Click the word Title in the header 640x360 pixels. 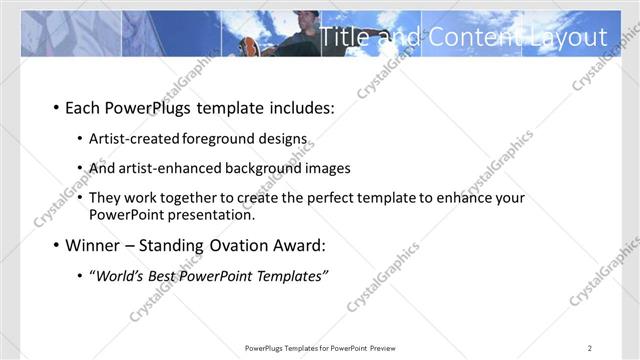tap(344, 37)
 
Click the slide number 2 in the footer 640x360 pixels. tap(591, 347)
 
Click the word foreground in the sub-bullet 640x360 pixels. tap(233, 139)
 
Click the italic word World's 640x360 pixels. tap(119, 276)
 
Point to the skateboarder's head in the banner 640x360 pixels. tap(310, 18)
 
